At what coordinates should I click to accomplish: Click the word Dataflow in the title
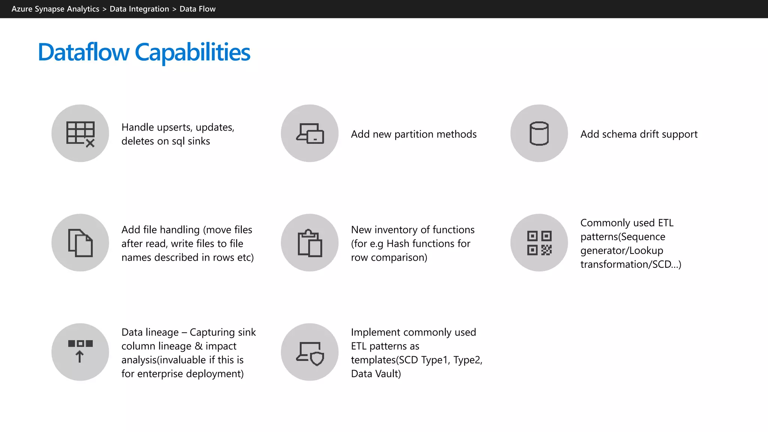(83, 52)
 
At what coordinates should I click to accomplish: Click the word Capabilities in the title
(192, 52)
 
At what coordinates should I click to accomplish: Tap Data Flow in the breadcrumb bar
(197, 9)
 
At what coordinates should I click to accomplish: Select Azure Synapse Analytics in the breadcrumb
(55, 9)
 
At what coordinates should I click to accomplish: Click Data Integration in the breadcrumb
(139, 9)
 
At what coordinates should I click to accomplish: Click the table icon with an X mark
(80, 133)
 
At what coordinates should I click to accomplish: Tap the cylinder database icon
(539, 133)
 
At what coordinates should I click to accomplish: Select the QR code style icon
(539, 243)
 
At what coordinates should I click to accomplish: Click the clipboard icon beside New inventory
(310, 243)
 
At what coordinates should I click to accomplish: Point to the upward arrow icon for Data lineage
(80, 352)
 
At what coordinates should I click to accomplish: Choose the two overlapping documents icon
(80, 243)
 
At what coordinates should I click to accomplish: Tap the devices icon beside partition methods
(310, 133)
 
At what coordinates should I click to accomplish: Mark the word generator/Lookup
(621, 250)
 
